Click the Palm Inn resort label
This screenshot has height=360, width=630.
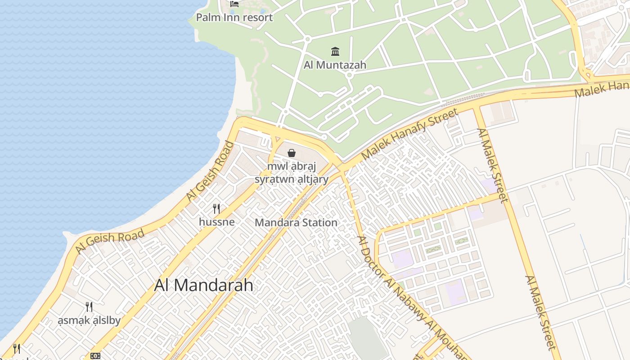pos(234,18)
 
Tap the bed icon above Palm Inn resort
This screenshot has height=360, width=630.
pos(234,4)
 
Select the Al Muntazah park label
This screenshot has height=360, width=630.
pos(335,65)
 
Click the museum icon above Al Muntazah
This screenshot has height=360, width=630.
pos(335,51)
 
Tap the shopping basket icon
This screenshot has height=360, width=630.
pos(292,153)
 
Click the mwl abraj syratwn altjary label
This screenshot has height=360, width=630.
pos(292,173)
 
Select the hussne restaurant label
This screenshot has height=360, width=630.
pos(216,222)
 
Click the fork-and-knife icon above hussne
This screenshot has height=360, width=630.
pos(216,208)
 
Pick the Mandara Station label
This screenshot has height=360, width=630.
pos(296,222)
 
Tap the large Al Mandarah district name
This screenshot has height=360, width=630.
pos(203,285)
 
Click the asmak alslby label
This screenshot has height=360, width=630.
pos(89,320)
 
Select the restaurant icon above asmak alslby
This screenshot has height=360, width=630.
pos(89,307)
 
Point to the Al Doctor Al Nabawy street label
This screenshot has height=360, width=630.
pos(407,295)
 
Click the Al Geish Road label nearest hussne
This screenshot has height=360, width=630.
pos(211,171)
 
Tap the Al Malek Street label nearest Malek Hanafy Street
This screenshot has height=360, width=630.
pos(493,165)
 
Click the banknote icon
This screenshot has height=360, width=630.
pos(95,356)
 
